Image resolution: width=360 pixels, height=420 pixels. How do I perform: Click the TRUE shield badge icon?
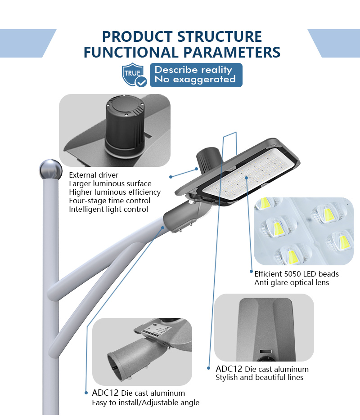(x=134, y=75)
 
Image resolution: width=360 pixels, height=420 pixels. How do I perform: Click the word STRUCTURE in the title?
(x=220, y=37)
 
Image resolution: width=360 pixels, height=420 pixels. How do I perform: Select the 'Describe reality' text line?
(x=193, y=70)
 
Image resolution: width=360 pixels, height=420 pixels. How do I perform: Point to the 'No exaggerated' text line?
(x=195, y=79)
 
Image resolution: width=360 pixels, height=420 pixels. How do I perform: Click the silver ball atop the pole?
(x=50, y=169)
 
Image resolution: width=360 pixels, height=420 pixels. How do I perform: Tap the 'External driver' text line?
(x=94, y=175)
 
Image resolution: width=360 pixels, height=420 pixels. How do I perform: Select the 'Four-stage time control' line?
(x=109, y=201)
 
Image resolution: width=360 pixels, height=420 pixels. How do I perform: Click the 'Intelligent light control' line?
(x=108, y=209)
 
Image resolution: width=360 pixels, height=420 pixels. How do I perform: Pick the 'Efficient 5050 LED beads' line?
(x=297, y=274)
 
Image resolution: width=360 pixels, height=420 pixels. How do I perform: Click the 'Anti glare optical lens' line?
(x=292, y=282)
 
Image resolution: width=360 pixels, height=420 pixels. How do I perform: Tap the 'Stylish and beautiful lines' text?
(x=260, y=377)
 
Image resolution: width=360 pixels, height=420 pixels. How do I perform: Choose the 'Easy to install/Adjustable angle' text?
(x=145, y=402)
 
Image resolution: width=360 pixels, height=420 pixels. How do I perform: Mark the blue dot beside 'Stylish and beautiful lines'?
(x=208, y=368)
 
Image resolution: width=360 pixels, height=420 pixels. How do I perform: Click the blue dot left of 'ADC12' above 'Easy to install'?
(x=86, y=393)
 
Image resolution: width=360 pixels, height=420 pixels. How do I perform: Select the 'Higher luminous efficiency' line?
(x=115, y=192)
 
